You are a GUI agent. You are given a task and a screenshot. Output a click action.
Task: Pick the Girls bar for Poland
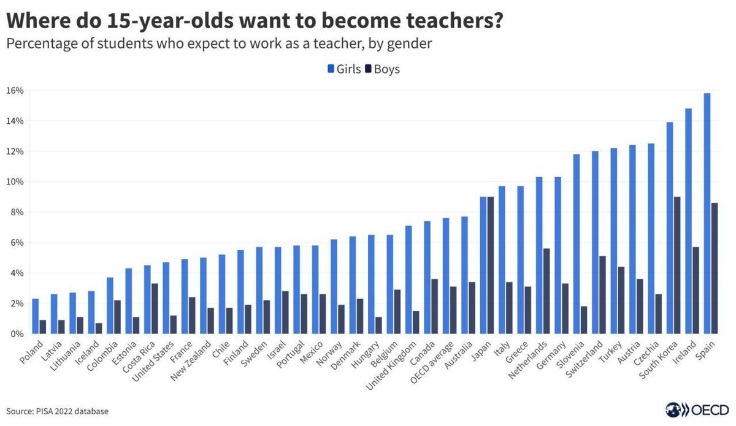coord(36,316)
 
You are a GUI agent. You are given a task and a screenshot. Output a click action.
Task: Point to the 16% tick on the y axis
coord(15,91)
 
